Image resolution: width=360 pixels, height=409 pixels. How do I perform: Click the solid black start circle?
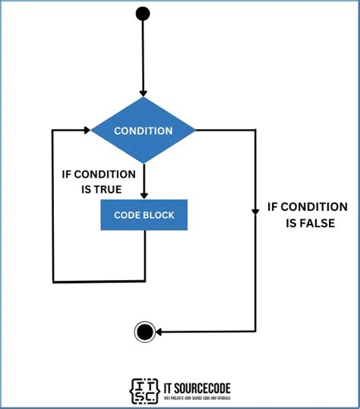143,13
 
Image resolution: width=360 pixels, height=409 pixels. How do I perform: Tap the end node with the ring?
145,331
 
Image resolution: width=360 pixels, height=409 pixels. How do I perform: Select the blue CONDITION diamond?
143,131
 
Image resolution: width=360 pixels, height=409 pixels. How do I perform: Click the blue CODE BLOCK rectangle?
144,215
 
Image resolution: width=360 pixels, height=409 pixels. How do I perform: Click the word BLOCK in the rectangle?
159,215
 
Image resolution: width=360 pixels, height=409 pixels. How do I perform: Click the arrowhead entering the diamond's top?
143,93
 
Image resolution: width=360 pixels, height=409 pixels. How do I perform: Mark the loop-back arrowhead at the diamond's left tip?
87,131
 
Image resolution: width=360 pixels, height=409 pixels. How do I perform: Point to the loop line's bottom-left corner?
52,282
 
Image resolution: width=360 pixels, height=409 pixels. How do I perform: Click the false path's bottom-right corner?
256,331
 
